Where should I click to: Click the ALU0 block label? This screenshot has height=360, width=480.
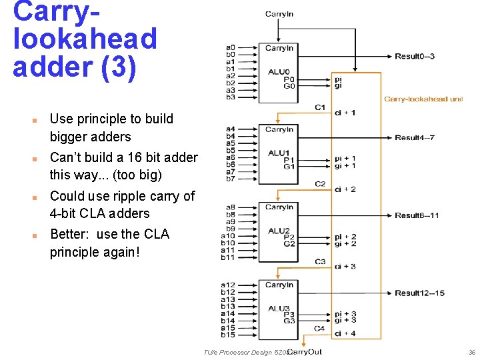pos(279,71)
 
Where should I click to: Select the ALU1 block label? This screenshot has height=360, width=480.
pos(279,153)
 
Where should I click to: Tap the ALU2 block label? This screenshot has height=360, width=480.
pos(279,230)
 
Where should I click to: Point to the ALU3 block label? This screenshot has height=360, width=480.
pos(279,308)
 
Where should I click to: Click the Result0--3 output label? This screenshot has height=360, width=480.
pos(415,57)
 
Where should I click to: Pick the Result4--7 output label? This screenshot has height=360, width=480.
pos(415,138)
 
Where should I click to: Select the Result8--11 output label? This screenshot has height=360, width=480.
pos(417,215)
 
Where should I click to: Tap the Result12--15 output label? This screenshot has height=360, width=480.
pos(419,293)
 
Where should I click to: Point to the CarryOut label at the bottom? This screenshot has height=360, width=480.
pos(304,351)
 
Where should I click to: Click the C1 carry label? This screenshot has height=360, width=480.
pos(320,107)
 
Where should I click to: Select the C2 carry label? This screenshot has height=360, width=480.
pos(320,183)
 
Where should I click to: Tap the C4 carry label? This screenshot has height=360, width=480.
pos(320,328)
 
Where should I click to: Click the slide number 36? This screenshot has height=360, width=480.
pos(472,352)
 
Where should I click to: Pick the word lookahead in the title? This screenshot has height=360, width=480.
pos(85,39)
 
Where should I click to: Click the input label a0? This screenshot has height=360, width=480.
pos(230,47)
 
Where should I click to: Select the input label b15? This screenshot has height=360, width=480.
pos(228,335)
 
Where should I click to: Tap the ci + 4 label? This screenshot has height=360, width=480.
pos(345,333)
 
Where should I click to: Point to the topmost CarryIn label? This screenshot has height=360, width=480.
pos(279,13)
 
